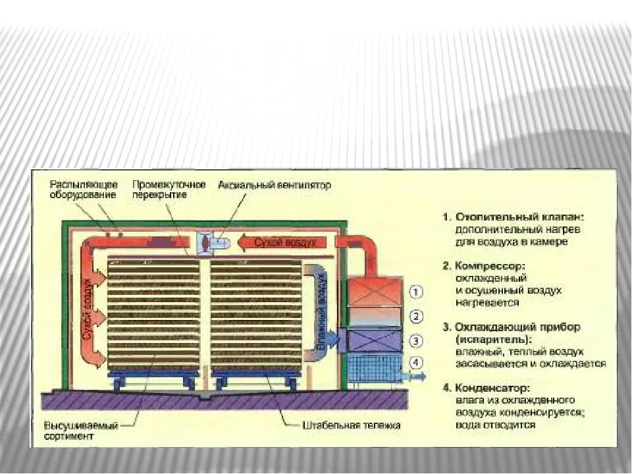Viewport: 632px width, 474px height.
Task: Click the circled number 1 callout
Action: (417, 291)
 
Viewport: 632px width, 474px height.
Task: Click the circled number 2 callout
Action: (417, 317)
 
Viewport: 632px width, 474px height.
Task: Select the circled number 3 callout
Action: (417, 340)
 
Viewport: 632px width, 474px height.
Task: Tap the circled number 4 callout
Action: (417, 363)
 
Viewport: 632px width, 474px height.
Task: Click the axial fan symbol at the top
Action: (205, 242)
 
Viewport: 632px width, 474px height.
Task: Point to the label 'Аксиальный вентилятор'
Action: (275, 186)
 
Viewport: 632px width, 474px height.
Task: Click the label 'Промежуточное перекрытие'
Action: (169, 190)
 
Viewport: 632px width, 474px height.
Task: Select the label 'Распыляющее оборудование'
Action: (84, 190)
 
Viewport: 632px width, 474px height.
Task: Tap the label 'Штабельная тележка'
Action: (351, 425)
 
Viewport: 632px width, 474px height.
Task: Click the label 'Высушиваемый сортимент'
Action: (81, 431)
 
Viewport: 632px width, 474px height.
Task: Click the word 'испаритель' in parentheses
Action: (494, 340)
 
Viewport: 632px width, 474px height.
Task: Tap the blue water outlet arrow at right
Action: (414, 377)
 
